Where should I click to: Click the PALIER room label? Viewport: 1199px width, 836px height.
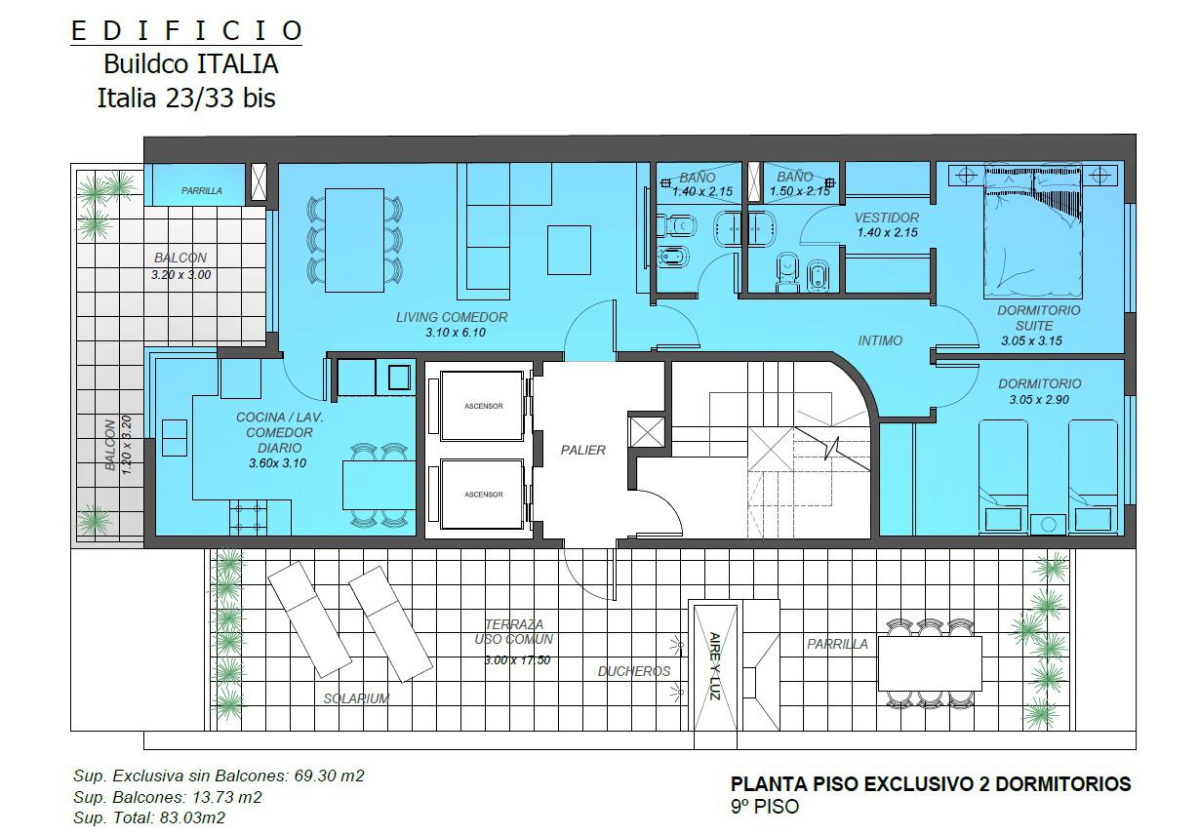[582, 450]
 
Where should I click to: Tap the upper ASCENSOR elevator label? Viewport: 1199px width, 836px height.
[483, 406]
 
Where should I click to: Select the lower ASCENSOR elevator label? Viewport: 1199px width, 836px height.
[483, 495]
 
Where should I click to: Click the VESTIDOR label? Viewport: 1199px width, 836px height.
[887, 218]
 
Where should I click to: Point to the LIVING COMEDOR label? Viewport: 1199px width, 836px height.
[452, 317]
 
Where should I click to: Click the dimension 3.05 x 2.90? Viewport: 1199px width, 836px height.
[1039, 399]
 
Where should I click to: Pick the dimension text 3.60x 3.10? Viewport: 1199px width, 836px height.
[277, 463]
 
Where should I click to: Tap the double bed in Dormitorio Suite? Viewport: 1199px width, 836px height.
[1033, 232]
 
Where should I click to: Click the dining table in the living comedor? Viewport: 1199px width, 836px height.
[354, 240]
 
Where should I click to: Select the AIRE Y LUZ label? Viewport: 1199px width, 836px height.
[715, 666]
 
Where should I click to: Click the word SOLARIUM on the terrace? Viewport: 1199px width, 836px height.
[356, 698]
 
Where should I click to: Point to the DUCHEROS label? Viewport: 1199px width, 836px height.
[634, 671]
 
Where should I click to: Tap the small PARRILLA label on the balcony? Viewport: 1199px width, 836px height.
[201, 190]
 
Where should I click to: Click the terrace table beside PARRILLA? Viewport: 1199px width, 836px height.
[931, 663]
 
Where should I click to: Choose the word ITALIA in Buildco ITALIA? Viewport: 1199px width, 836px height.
[238, 64]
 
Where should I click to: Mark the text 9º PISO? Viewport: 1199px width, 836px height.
[765, 807]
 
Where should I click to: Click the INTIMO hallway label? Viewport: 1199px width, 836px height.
[880, 340]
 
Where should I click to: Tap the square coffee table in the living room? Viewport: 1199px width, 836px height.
[569, 250]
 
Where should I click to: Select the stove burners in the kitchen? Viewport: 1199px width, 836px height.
[249, 518]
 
